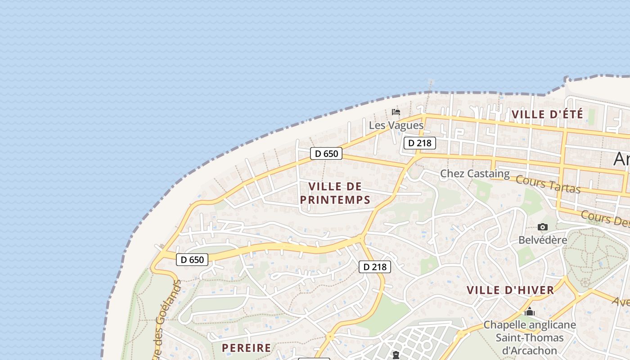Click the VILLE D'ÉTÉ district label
(x=547, y=114)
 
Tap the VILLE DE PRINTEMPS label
(x=335, y=193)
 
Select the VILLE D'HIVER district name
(x=510, y=290)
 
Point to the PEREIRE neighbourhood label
(x=247, y=348)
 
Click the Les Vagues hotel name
(x=396, y=125)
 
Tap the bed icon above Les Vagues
(x=396, y=112)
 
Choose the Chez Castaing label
(x=475, y=173)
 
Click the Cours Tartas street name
(x=548, y=184)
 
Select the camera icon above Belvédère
(x=543, y=227)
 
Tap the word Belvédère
(x=543, y=240)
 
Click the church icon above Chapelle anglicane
(x=530, y=311)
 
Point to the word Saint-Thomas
(x=530, y=337)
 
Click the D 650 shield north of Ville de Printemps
(x=326, y=154)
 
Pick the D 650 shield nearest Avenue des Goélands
(x=192, y=260)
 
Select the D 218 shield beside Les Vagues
(x=420, y=143)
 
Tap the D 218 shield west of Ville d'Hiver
(x=375, y=267)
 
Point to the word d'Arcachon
(x=529, y=350)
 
